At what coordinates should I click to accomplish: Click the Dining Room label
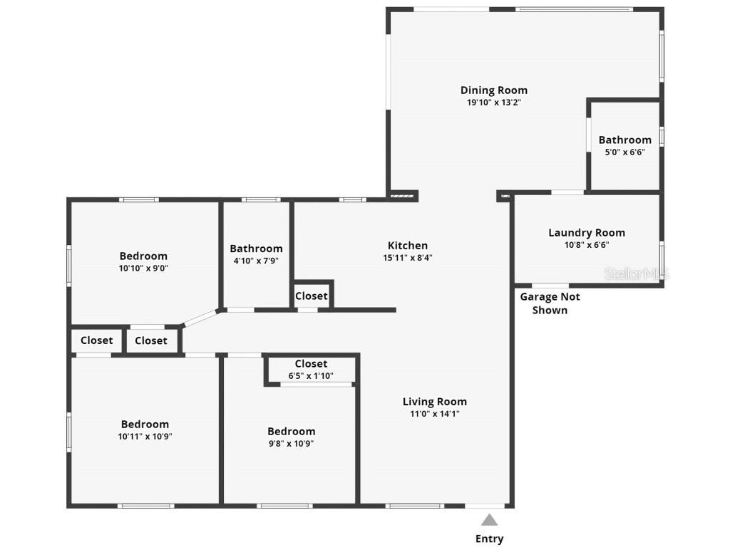click(x=494, y=90)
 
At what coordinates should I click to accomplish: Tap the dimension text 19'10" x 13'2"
click(x=494, y=103)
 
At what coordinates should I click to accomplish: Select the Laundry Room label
click(x=587, y=233)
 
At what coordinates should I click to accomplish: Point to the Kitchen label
click(x=408, y=246)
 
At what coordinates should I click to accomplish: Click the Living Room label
click(x=435, y=402)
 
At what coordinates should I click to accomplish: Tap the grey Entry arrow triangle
click(x=489, y=520)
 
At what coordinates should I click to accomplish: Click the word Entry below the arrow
click(x=489, y=538)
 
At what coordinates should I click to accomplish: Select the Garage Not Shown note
click(x=550, y=303)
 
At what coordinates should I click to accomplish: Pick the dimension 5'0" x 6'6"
click(x=624, y=152)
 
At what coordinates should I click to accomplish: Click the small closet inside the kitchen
click(x=312, y=296)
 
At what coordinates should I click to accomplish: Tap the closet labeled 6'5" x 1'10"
click(x=311, y=370)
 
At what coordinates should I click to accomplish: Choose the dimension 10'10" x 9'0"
click(x=143, y=269)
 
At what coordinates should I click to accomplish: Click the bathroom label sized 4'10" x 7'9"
click(x=256, y=249)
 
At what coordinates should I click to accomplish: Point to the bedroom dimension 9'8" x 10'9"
click(x=291, y=443)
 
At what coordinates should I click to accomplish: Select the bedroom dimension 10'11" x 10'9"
click(x=145, y=437)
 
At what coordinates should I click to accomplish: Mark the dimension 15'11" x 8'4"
click(x=408, y=258)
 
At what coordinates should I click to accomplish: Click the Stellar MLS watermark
click(x=637, y=273)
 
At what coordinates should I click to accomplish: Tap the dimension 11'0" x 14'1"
click(x=435, y=414)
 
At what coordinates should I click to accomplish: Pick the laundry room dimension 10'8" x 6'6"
click(x=587, y=245)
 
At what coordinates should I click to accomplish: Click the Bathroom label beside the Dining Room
click(x=624, y=140)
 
